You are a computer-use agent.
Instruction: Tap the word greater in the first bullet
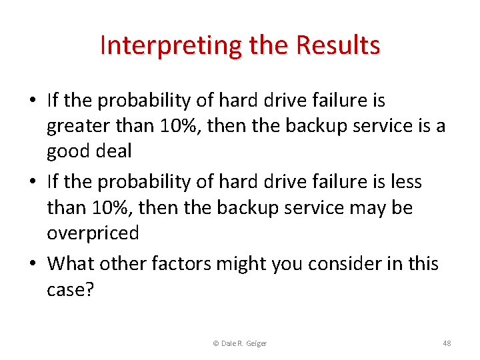(x=74, y=127)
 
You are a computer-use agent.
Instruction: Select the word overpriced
(x=93, y=233)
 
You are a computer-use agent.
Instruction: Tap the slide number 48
(x=447, y=343)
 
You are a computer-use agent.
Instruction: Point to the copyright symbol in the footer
(x=215, y=343)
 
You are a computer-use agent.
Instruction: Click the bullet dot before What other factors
(x=33, y=264)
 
